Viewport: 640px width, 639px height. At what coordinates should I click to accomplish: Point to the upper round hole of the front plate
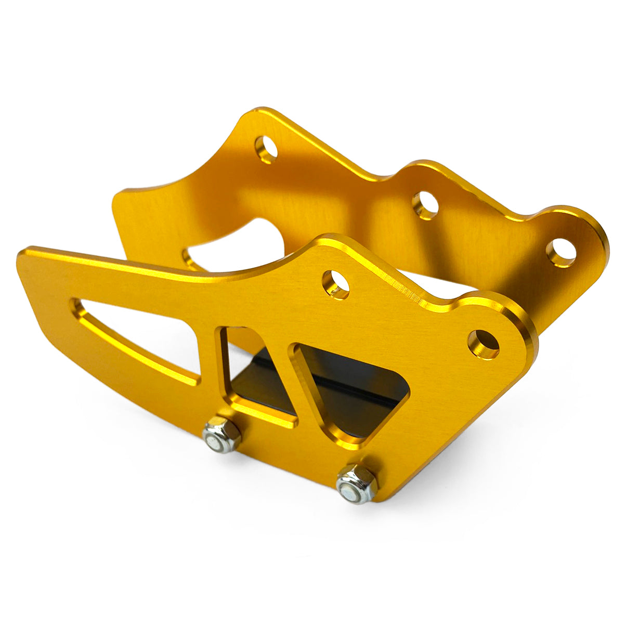coord(336,283)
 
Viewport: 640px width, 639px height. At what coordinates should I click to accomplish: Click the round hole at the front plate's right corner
coord(484,342)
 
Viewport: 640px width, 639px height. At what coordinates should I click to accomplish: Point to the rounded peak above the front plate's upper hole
coord(333,240)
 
